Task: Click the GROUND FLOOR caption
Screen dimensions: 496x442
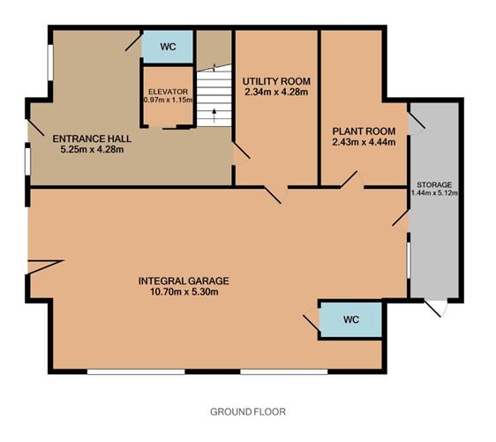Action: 248,412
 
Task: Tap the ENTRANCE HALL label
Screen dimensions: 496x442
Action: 92,139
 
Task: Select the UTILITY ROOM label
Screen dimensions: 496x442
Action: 276,81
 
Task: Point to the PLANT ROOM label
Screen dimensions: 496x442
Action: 364,131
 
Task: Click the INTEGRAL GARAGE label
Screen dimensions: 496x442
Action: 184,281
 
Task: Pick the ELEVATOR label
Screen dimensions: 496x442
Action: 168,92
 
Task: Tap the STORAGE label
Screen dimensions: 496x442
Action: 434,184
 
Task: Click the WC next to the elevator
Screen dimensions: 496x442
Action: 168,47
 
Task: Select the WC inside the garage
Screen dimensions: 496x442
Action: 351,319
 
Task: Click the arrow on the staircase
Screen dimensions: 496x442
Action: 214,116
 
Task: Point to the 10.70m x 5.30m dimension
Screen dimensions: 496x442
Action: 184,291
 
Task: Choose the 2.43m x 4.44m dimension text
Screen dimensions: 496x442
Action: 364,142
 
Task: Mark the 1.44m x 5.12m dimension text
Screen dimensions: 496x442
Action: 434,192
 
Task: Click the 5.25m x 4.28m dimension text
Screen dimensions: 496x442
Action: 92,149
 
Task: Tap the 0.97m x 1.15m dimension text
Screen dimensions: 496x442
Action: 168,100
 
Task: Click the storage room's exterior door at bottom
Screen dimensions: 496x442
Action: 436,308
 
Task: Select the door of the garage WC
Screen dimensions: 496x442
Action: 312,323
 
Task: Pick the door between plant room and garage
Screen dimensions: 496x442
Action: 352,181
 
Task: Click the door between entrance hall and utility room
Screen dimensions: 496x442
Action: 241,153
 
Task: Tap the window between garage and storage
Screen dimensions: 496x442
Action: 409,260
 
